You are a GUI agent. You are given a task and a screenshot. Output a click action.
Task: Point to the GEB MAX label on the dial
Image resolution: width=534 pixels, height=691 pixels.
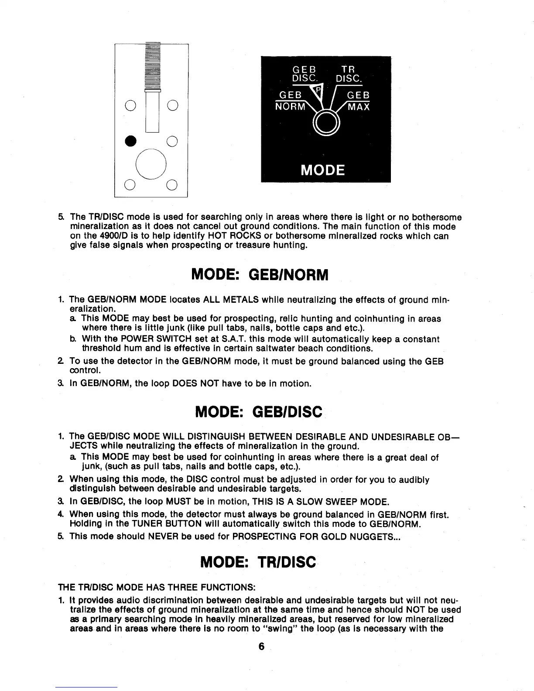(358, 101)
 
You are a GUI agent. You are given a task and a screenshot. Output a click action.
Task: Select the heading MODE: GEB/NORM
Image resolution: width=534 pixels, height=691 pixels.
(260, 275)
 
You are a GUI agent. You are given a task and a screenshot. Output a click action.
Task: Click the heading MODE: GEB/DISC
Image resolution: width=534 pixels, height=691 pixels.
(259, 411)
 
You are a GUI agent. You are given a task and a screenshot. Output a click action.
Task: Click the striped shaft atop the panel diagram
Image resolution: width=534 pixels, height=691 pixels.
(153, 65)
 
